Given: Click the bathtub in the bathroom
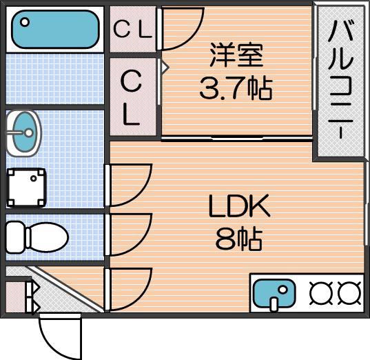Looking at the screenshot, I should [x=54, y=28].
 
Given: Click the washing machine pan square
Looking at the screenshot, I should [x=27, y=187].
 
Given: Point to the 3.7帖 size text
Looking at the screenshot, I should [x=236, y=88].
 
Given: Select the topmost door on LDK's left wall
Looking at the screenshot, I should [x=128, y=184].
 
